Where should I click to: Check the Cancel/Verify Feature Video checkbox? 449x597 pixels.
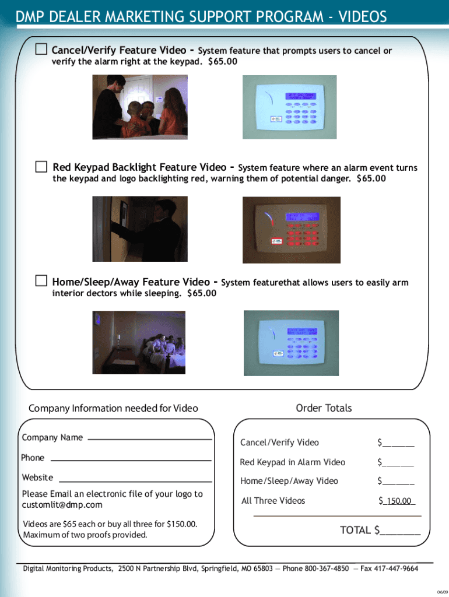[x=40, y=50]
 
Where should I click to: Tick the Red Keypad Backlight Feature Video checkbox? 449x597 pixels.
[x=40, y=167]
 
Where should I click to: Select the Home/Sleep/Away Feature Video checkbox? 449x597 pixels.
[x=40, y=281]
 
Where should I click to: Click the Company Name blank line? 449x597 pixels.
[x=149, y=438]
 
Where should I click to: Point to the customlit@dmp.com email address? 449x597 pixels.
[x=62, y=505]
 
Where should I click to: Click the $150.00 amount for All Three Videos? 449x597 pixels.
[x=397, y=501]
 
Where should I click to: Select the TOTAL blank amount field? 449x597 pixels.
[x=399, y=531]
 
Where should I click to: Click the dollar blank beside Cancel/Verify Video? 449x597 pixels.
[x=398, y=444]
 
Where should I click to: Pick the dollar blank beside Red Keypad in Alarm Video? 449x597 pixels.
[x=398, y=463]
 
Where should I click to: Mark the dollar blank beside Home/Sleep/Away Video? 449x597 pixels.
[x=398, y=482]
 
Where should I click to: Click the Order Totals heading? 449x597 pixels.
[x=324, y=408]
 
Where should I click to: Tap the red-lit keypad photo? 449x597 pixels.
[x=291, y=230]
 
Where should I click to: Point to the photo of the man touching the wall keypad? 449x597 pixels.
[x=140, y=229]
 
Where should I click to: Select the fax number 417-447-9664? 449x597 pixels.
[x=397, y=569]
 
